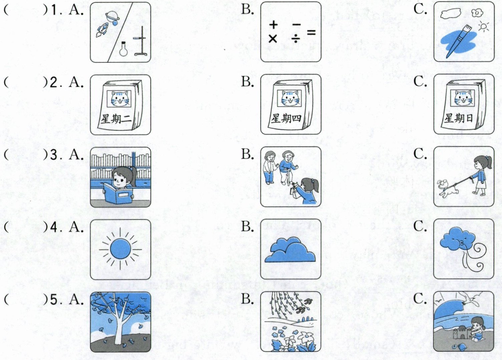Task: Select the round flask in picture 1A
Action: point(123,49)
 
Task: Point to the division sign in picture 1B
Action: point(296,39)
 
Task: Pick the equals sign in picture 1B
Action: point(311,32)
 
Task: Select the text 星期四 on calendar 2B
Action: point(286,118)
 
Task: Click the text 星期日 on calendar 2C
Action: point(459,118)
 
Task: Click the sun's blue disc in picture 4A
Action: point(120,249)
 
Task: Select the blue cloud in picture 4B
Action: point(290,250)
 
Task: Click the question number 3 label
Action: point(54,155)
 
